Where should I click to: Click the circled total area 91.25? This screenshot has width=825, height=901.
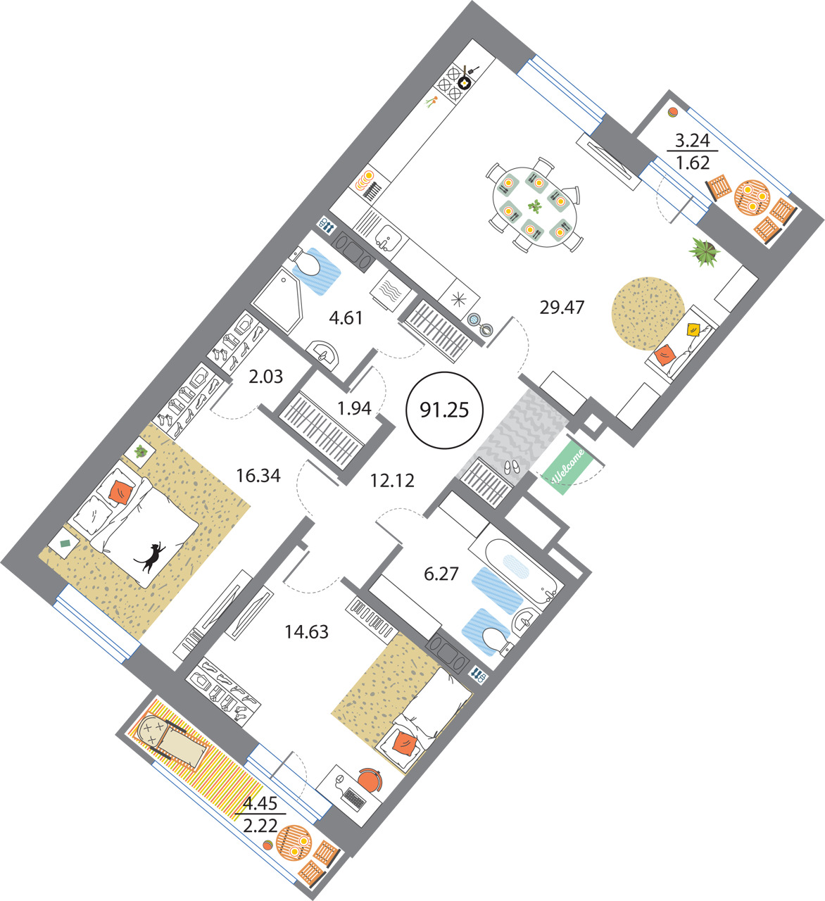click(x=444, y=410)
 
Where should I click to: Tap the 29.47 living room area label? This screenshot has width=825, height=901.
click(x=562, y=308)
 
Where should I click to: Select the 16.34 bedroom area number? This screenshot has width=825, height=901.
click(x=258, y=475)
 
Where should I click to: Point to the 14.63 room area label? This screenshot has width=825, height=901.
click(x=306, y=632)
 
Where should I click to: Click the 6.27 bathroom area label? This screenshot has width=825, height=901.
click(x=441, y=574)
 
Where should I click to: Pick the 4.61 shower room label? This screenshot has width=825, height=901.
click(x=346, y=318)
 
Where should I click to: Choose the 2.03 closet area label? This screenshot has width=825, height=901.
click(x=266, y=377)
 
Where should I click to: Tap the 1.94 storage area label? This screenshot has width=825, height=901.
click(x=354, y=408)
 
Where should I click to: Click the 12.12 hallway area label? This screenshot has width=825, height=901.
click(x=392, y=481)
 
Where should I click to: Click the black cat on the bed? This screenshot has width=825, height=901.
click(x=150, y=557)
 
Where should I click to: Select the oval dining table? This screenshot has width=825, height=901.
click(x=534, y=207)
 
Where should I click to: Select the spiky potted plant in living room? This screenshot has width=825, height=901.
click(x=704, y=251)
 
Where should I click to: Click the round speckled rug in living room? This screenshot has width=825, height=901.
click(x=648, y=313)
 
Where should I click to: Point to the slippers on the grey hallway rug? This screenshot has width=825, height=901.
click(x=512, y=467)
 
